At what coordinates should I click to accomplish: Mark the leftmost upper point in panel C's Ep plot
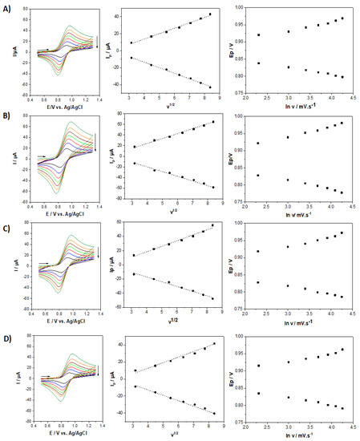[x=258, y=252]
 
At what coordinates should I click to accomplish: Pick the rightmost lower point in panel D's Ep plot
[x=342, y=409]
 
